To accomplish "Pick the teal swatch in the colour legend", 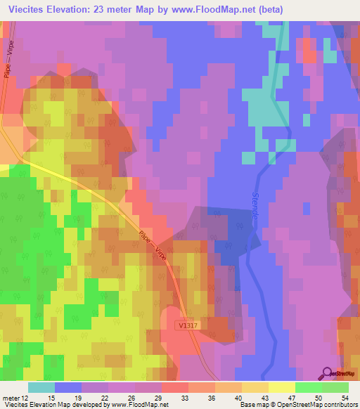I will [x=41, y=387].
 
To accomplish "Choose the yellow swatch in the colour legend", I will [x=281, y=387].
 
